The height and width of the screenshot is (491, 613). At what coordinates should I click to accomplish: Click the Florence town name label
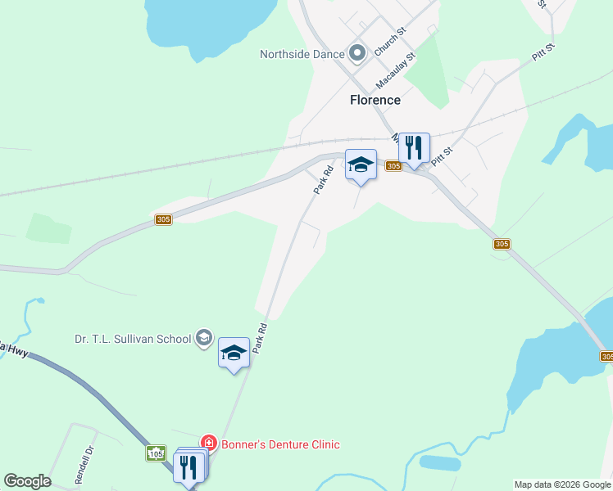click(375, 100)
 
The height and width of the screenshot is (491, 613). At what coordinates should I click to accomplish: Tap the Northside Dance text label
click(301, 55)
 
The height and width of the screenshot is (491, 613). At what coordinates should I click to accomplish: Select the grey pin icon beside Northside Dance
click(356, 54)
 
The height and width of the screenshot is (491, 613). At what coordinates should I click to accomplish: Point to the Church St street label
click(390, 42)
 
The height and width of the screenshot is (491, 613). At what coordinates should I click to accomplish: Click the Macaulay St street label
click(397, 71)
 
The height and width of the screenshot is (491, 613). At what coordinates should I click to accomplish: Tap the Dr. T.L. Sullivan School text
click(132, 338)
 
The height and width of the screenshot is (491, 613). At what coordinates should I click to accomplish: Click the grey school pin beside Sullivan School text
click(204, 338)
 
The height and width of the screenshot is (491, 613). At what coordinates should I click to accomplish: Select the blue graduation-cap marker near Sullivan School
click(234, 354)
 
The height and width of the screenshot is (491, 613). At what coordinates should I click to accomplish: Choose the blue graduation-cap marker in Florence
click(361, 165)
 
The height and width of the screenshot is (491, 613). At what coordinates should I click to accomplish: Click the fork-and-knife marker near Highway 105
click(189, 468)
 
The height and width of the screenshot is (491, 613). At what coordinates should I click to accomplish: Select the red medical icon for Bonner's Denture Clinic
click(209, 444)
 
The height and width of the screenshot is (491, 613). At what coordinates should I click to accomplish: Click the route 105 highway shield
click(156, 453)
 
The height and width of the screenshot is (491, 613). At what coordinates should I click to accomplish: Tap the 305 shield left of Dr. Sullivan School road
click(163, 219)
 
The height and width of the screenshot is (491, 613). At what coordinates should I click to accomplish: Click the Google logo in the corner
click(27, 481)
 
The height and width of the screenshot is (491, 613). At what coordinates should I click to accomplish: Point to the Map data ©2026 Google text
click(562, 484)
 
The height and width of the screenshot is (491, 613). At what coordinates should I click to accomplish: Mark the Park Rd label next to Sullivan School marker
click(261, 337)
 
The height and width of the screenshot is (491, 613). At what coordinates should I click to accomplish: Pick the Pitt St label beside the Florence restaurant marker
click(443, 153)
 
